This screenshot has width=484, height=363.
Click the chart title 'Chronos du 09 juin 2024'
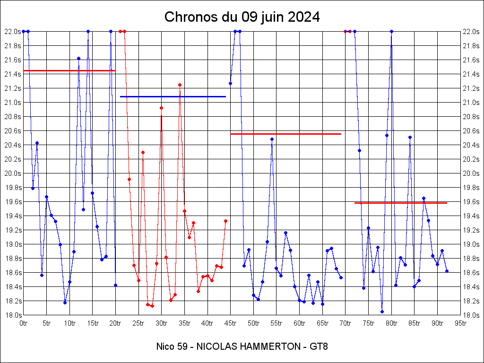242,17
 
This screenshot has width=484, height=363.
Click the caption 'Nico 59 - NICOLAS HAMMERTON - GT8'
242,346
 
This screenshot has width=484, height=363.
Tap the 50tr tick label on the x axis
254,323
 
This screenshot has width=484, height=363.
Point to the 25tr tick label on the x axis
138,323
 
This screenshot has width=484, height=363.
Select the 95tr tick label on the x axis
461,323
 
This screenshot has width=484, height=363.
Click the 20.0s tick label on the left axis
12,173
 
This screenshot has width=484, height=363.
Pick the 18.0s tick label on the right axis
472,315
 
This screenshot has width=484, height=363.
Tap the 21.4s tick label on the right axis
472,74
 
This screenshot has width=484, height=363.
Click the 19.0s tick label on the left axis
12,244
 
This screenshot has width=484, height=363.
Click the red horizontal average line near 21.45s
69,70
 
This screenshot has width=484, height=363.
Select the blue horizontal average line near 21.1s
173,96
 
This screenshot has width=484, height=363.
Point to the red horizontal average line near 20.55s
285,134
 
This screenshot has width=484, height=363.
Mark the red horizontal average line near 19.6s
401,203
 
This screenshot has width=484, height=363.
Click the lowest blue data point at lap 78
382,311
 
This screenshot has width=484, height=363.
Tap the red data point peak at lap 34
180,85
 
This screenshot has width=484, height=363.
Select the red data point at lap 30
161,108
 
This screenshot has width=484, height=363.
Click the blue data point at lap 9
65,302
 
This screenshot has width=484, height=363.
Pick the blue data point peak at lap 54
272,139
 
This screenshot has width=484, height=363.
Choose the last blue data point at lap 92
447,271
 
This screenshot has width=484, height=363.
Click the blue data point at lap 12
78,58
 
